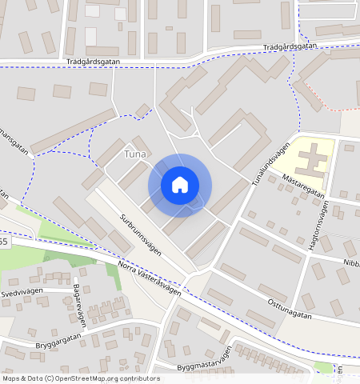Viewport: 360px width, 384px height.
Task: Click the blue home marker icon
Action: pyautogui.click(x=180, y=185)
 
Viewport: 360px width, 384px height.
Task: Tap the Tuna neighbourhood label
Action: pyautogui.click(x=135, y=153)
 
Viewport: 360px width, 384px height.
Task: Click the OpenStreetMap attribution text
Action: pyautogui.click(x=81, y=378)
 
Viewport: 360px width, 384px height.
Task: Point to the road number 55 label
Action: pyautogui.click(x=3, y=241)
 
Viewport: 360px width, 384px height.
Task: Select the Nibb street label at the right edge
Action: pyautogui.click(x=350, y=262)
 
